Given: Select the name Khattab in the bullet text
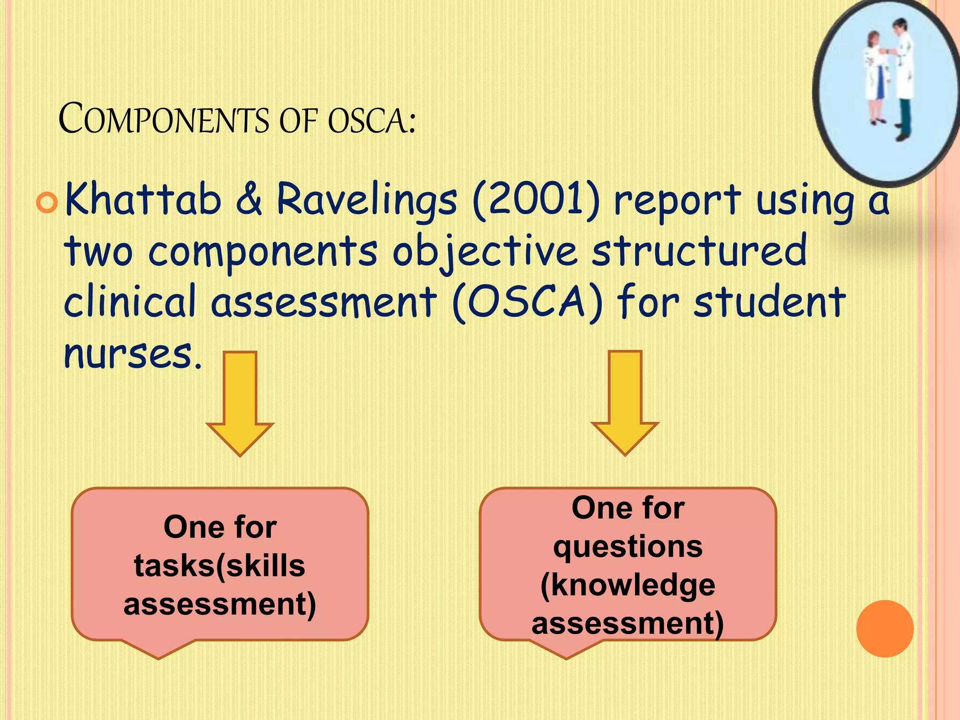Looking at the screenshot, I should point(143,199).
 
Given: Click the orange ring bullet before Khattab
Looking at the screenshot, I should point(47,203).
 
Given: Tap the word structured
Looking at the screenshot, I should point(699,251).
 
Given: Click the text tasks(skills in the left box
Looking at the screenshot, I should point(219,565).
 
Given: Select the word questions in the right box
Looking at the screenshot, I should point(628,547).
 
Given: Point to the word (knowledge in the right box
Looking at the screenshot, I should point(628,585).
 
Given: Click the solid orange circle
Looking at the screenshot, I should point(885,629).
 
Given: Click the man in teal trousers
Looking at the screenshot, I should point(902,80).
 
